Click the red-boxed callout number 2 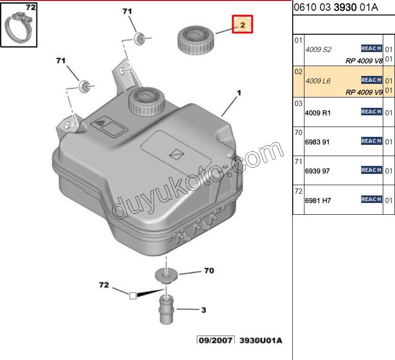pyautogui.click(x=243, y=24)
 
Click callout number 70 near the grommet pyautogui.click(x=209, y=271)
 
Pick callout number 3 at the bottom pyautogui.click(x=203, y=309)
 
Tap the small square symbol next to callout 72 pyautogui.click(x=132, y=295)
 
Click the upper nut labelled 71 pyautogui.click(x=139, y=38)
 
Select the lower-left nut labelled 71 pyautogui.click(x=85, y=86)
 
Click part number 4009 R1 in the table pyautogui.click(x=318, y=113)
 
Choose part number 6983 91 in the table pyautogui.click(x=318, y=142)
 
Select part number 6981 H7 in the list pyautogui.click(x=318, y=200)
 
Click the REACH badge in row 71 pyautogui.click(x=371, y=170)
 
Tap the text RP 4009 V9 pyautogui.click(x=364, y=92)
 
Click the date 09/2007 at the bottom pyautogui.click(x=215, y=340)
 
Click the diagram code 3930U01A pyautogui.click(x=261, y=340)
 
